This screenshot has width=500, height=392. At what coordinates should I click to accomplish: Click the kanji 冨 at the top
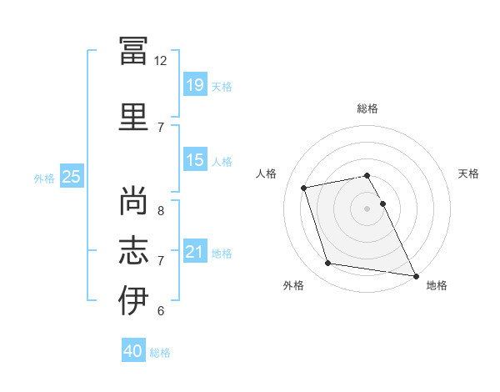(133, 51)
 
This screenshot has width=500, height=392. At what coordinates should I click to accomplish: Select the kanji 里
(133, 117)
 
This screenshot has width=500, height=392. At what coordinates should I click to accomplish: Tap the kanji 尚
(133, 200)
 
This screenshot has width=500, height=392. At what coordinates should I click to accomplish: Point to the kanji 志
(133, 250)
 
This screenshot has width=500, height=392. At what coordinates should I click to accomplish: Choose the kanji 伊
(133, 300)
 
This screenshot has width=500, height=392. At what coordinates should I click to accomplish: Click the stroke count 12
(160, 61)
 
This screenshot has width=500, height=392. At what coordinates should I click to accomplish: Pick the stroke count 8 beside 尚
(161, 211)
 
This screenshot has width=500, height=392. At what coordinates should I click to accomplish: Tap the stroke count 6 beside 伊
(161, 310)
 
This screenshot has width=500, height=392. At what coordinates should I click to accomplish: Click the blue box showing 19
(195, 84)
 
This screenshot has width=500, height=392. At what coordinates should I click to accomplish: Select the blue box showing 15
(195, 159)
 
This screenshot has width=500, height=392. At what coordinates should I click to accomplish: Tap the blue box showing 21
(195, 250)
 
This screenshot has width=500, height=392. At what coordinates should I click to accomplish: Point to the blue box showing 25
(72, 175)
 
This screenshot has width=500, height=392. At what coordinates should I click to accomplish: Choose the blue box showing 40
(133, 349)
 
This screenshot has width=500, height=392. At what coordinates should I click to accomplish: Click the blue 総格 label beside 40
(160, 353)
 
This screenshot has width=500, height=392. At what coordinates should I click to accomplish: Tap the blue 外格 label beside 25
(44, 178)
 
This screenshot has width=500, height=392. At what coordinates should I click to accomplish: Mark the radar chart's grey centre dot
(367, 209)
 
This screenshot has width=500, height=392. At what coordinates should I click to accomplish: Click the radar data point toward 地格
(416, 276)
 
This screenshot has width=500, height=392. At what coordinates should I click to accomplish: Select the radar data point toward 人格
(303, 188)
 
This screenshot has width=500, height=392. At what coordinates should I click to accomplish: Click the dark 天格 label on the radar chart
(468, 173)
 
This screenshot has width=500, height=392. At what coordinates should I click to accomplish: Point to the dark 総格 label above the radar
(367, 108)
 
